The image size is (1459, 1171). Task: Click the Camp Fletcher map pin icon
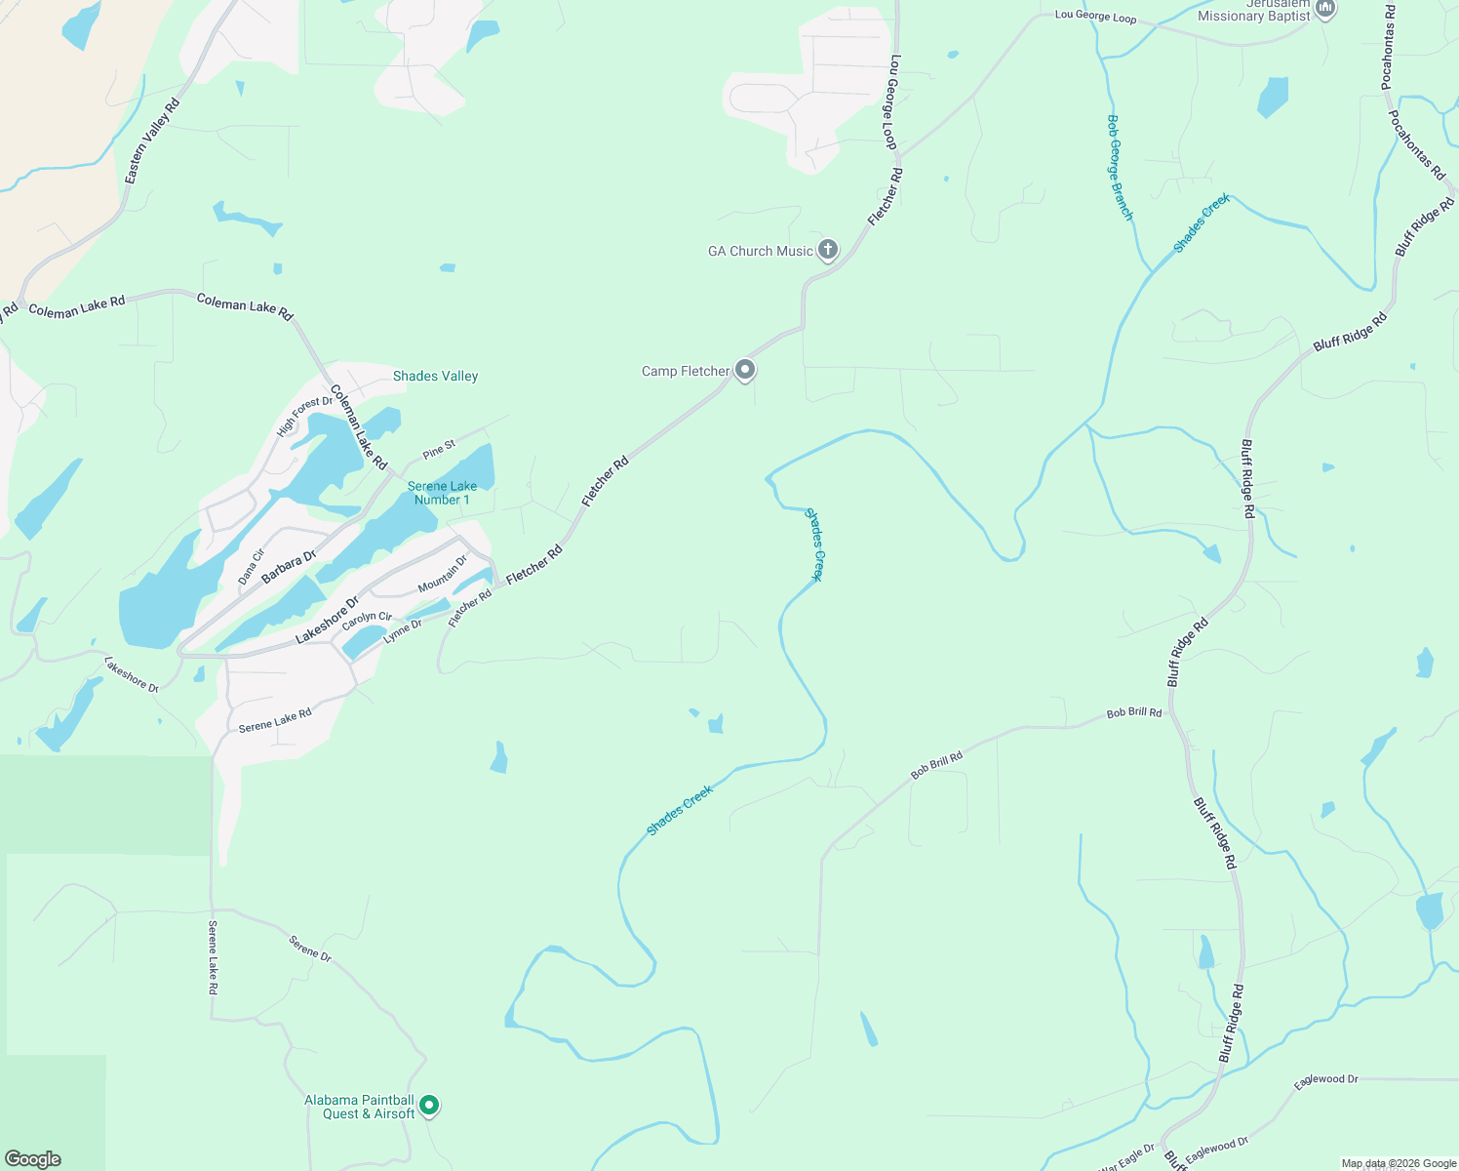click(745, 370)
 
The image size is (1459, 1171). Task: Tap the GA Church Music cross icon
click(827, 250)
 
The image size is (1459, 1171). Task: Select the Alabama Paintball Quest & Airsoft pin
click(428, 1106)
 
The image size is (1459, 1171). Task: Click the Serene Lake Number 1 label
click(442, 493)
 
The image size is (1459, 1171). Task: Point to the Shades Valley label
click(435, 376)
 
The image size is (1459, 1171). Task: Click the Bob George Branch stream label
click(1120, 167)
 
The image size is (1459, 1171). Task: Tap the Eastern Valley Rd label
click(152, 141)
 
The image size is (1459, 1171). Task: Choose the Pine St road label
click(439, 450)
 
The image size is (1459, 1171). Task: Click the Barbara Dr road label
click(289, 567)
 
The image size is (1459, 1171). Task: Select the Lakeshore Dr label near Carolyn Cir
click(327, 621)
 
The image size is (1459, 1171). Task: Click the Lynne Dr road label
click(403, 631)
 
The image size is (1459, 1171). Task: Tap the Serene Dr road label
click(310, 949)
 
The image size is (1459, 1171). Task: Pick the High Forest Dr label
click(304, 417)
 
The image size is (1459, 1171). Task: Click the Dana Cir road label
click(251, 567)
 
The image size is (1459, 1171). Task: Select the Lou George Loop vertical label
click(891, 101)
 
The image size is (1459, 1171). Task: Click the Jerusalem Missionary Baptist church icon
click(1324, 9)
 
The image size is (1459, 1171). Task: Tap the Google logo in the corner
click(33, 1158)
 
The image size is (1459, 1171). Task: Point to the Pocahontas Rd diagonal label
click(1417, 144)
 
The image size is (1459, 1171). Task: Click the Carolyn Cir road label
click(367, 620)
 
